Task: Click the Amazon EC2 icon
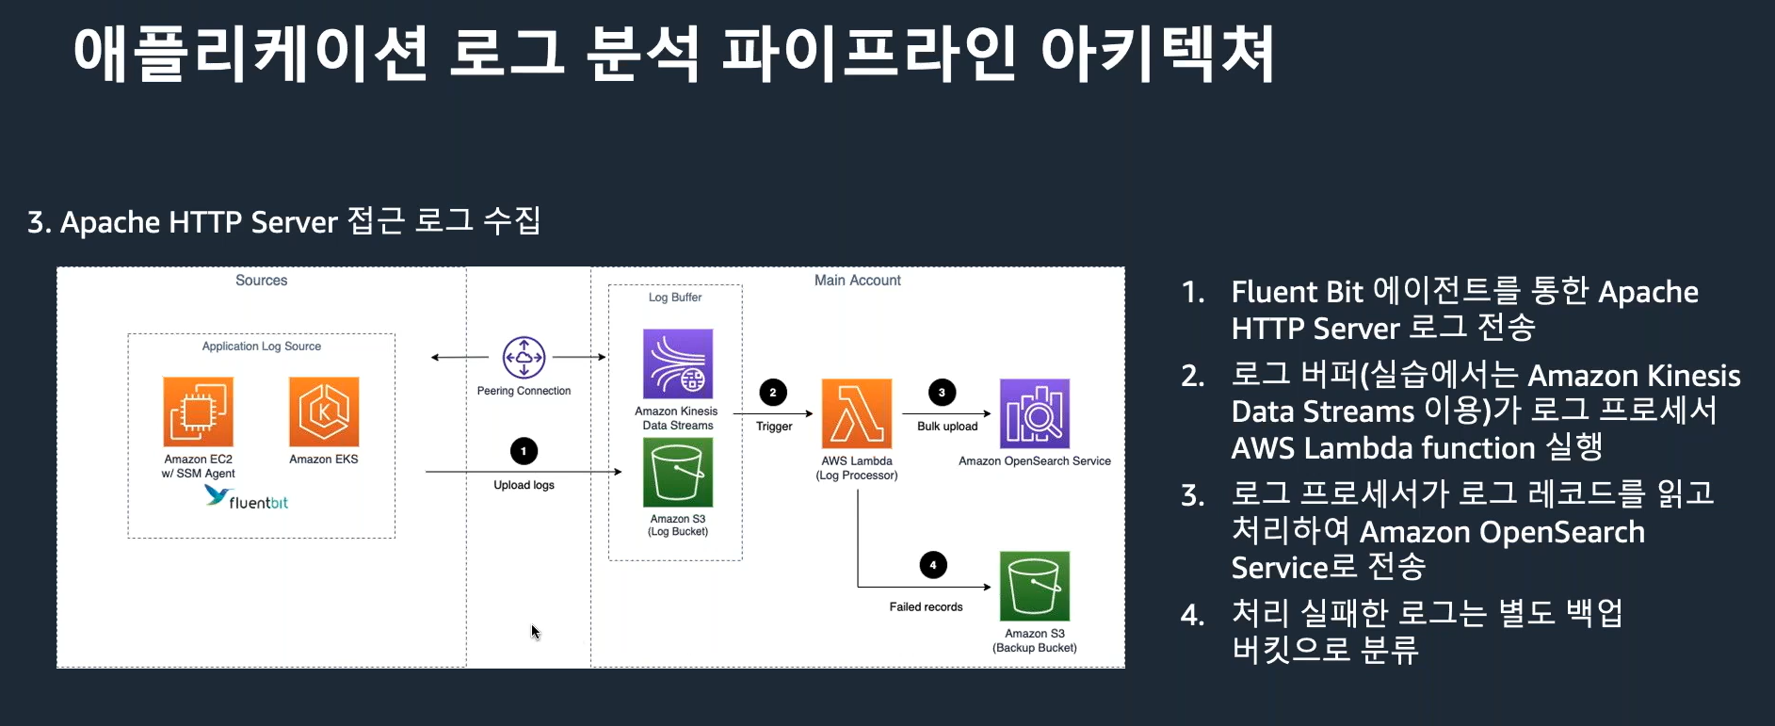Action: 198,411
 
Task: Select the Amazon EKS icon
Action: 324,411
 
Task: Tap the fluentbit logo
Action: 247,498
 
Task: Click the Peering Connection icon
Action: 524,358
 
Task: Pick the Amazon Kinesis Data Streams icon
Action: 678,363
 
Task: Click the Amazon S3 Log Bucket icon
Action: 678,473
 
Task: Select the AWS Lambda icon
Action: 857,413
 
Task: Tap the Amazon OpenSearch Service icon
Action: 1035,413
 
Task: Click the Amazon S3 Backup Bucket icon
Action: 1035,586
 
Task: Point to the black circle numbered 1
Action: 524,451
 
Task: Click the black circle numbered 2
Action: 773,393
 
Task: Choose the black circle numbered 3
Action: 942,393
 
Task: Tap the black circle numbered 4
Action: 933,565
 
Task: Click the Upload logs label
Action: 524,485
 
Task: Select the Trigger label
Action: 774,427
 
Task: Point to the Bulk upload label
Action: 947,427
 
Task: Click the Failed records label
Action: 926,607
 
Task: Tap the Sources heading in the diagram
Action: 262,281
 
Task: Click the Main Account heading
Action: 857,281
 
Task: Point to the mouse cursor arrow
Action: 535,631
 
